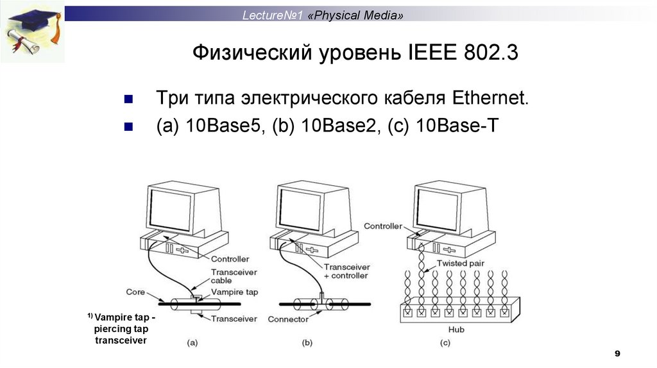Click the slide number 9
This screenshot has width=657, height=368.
point(617,354)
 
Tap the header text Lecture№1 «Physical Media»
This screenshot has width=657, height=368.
point(323,15)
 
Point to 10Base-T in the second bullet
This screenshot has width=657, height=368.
point(456,126)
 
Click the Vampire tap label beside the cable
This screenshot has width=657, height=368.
point(234,292)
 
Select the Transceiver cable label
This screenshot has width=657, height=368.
point(226,276)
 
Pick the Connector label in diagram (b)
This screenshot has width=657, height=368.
point(288,319)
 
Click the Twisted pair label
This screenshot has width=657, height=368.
point(460,263)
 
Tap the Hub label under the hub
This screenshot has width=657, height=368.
point(457,330)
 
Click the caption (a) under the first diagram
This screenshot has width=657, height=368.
point(192,342)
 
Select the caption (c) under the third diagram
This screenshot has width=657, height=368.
point(445,342)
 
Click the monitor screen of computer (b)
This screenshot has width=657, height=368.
point(300,212)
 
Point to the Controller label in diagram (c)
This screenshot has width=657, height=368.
point(382,226)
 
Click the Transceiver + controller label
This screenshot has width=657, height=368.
point(346,271)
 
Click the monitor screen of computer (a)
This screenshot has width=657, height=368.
point(170,212)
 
